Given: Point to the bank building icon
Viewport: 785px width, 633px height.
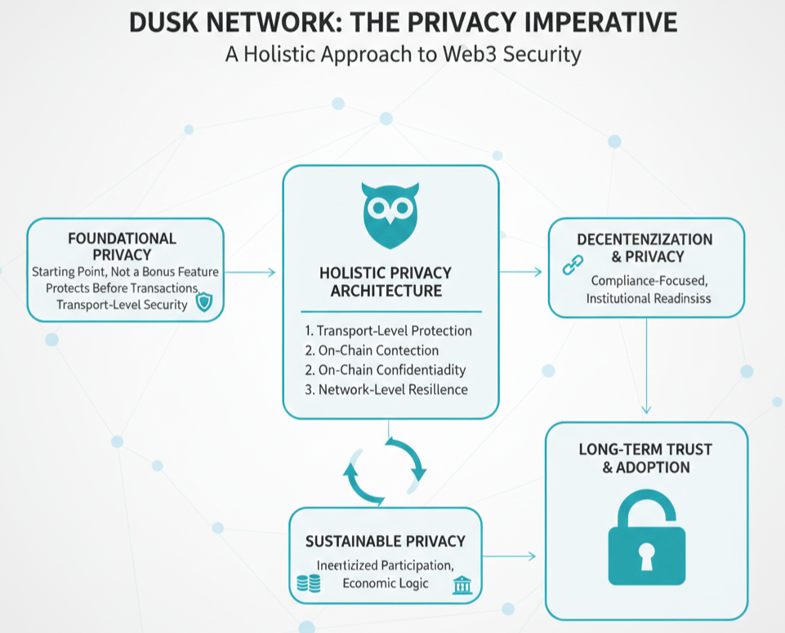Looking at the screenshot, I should click(462, 584).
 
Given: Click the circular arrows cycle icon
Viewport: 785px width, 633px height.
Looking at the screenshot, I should click(385, 470).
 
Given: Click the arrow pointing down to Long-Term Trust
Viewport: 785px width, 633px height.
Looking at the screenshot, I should click(647, 368).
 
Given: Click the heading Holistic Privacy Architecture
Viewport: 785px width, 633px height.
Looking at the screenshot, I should click(391, 282).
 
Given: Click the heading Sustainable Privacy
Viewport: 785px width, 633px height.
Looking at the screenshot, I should click(386, 541).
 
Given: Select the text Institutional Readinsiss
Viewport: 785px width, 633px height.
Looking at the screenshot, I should click(649, 298).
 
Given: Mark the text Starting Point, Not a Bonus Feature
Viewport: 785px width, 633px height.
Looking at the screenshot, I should click(125, 271).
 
